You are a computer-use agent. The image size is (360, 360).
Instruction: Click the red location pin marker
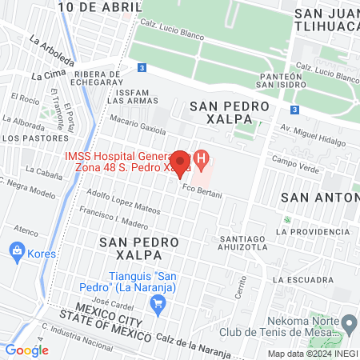(181, 163)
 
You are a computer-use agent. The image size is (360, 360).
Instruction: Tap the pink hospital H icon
(203, 159)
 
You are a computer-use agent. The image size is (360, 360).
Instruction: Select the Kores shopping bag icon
(16, 250)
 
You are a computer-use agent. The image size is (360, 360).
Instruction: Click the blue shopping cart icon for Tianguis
(158, 302)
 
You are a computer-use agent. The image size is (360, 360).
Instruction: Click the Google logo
(27, 350)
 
